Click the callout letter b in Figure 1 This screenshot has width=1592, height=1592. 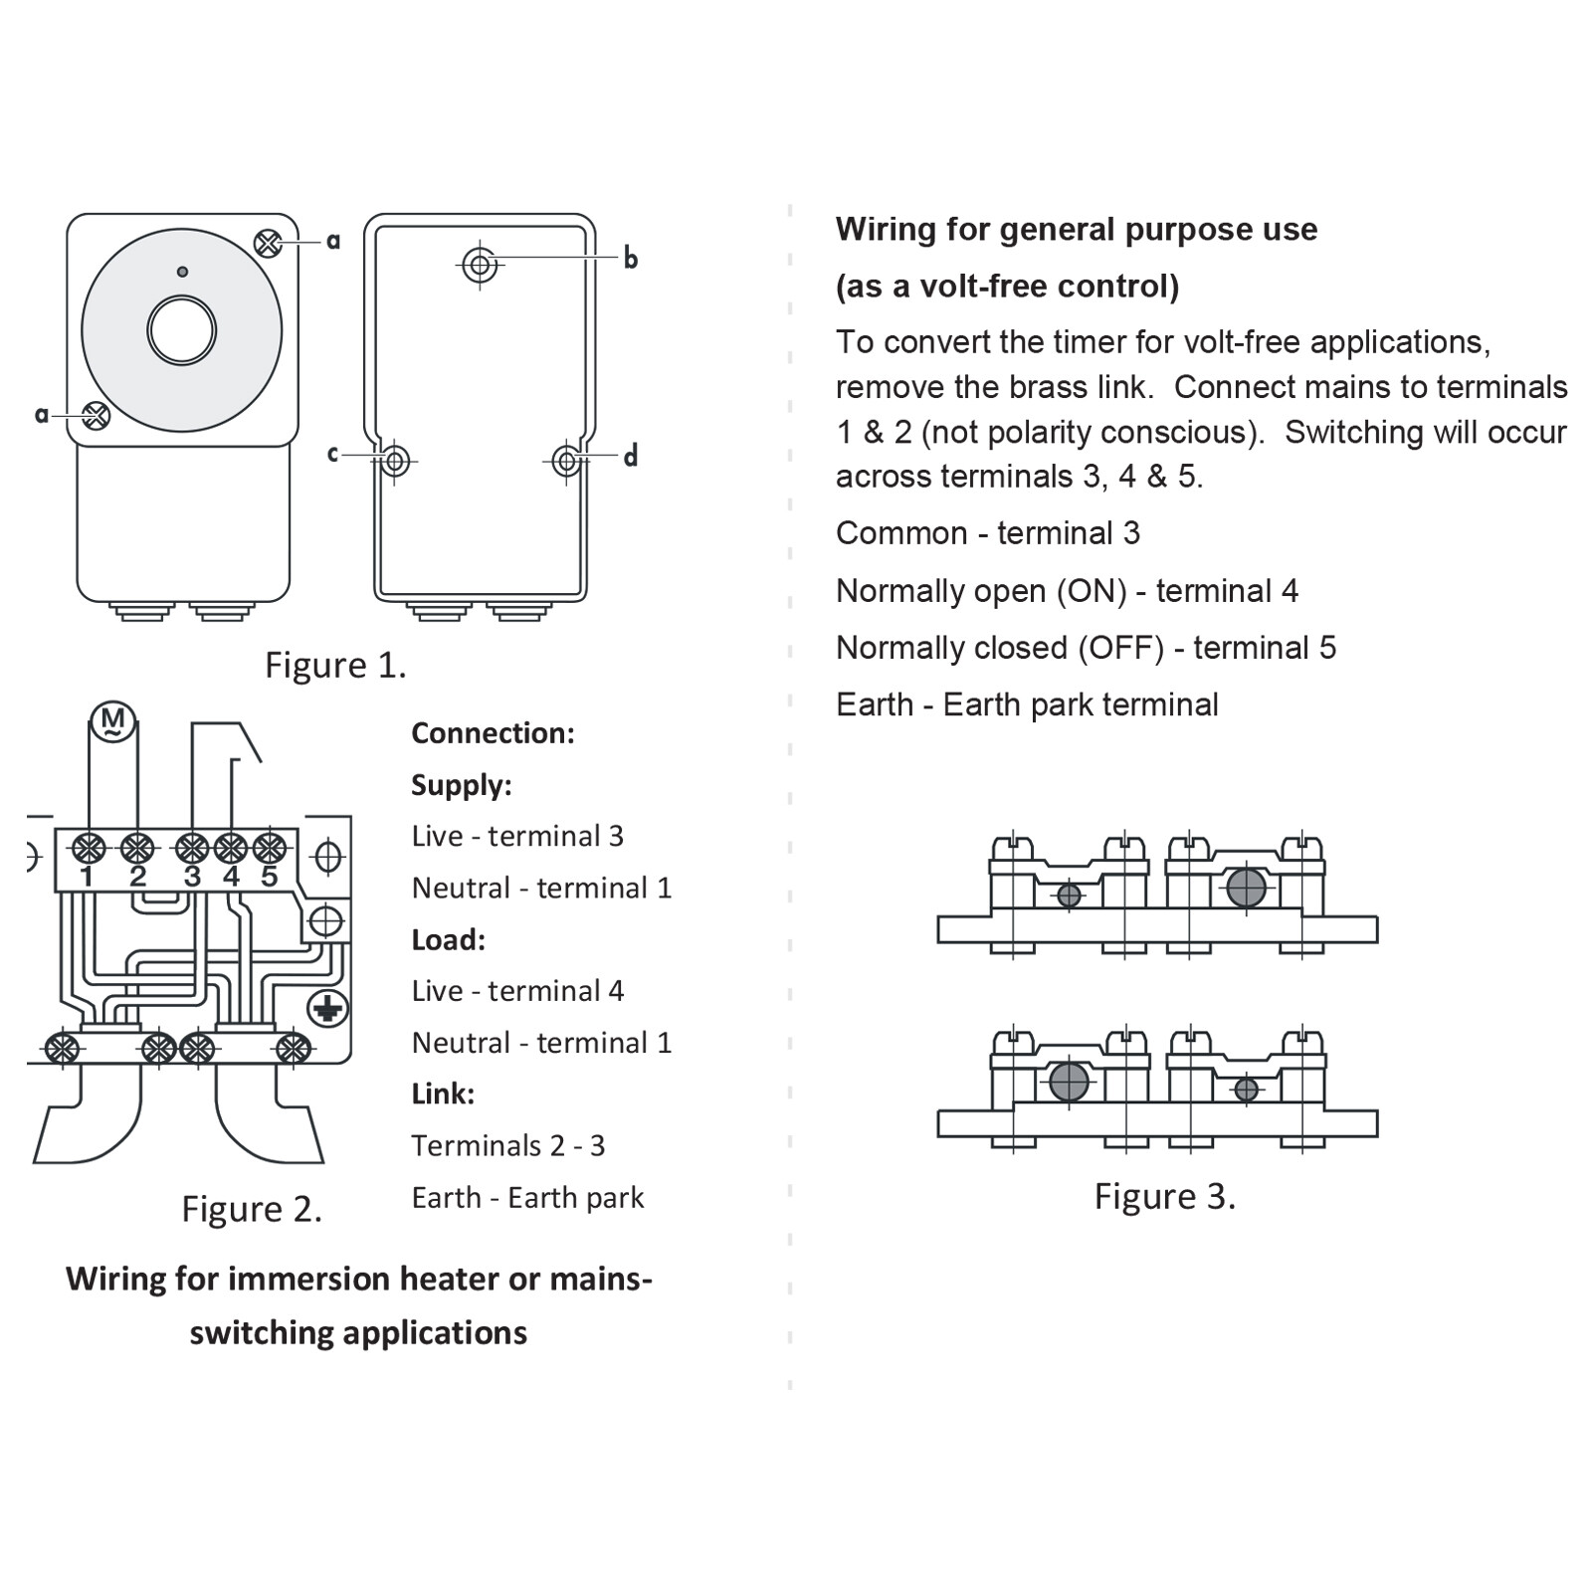click(x=630, y=259)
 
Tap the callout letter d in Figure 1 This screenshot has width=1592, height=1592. click(x=630, y=457)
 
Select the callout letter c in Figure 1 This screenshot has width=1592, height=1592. click(x=333, y=454)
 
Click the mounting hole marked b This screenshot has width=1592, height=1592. click(x=481, y=265)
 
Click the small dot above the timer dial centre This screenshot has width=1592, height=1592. click(x=182, y=272)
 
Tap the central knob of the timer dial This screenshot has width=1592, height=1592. click(x=182, y=330)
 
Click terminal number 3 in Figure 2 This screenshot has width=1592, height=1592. click(x=192, y=877)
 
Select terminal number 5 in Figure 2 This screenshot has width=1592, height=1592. click(x=269, y=877)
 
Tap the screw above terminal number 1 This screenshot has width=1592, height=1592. click(x=89, y=849)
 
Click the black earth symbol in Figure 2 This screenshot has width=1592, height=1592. click(x=326, y=1009)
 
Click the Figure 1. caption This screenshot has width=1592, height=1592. click(x=335, y=665)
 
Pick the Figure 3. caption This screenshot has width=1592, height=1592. click(x=1164, y=1196)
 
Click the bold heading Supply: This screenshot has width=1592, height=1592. click(x=462, y=785)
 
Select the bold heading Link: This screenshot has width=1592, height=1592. click(x=443, y=1094)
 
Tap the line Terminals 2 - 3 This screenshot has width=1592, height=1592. click(x=507, y=1145)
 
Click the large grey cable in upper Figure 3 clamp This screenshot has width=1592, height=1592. click(x=1246, y=888)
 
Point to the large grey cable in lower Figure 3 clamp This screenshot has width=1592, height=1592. click(x=1069, y=1081)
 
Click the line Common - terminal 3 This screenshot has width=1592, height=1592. click(x=987, y=533)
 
